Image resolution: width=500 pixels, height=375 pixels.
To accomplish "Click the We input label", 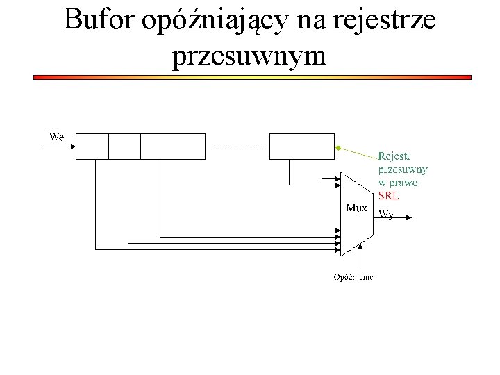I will point(56,137).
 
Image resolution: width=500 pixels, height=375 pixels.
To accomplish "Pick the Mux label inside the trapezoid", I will point(356,208).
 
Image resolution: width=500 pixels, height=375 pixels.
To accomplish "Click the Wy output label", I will point(386,215).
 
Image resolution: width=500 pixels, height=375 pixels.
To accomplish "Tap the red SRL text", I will point(388,196).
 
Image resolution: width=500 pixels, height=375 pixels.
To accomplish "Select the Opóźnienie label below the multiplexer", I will point(353,277).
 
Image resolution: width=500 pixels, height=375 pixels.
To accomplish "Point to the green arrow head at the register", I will point(337,147).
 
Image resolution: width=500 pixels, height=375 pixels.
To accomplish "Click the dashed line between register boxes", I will point(237,147).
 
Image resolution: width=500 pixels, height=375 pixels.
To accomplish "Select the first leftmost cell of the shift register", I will point(92,146).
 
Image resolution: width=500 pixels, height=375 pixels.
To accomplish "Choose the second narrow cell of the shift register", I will point(124,146).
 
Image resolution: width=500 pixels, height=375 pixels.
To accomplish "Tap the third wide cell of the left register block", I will point(173,146).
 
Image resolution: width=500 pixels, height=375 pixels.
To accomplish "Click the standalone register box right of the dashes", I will point(301,146).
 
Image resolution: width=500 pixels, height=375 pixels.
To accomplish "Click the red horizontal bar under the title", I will point(253,78).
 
